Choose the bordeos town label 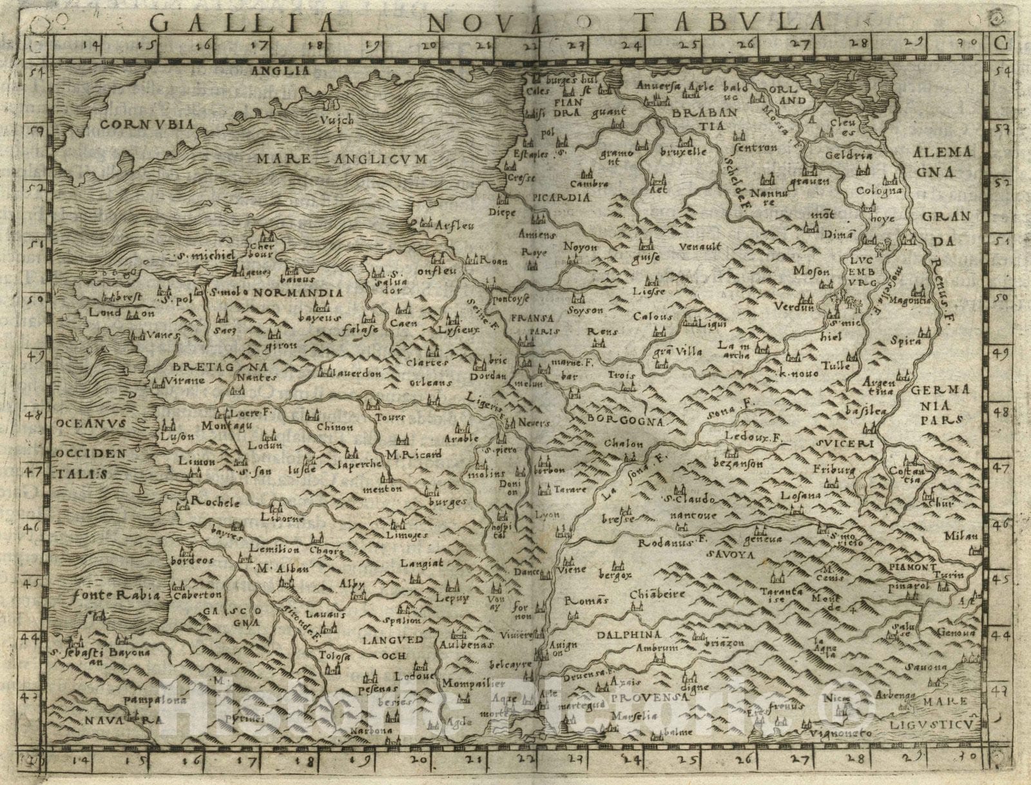[x=191, y=560]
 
